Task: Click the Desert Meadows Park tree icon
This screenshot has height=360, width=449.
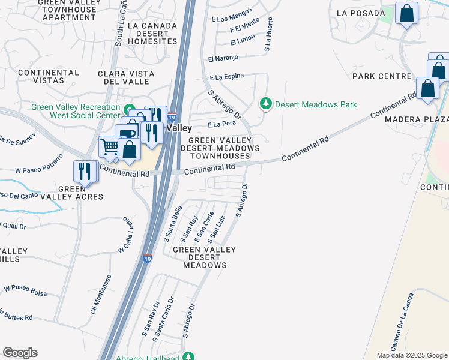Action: click(x=265, y=104)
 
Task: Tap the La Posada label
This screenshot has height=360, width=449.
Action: click(x=361, y=13)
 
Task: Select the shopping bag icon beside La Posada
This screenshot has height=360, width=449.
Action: click(x=406, y=13)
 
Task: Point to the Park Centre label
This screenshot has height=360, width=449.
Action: click(x=381, y=76)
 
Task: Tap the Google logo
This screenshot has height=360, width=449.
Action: click(x=20, y=353)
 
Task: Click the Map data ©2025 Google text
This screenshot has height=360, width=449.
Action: click(x=411, y=355)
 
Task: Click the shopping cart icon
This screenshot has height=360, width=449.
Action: click(x=110, y=146)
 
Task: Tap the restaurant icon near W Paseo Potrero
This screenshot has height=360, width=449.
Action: click(x=85, y=170)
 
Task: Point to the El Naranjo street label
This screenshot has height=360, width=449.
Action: click(x=223, y=58)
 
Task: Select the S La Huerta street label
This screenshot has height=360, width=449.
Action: click(x=270, y=33)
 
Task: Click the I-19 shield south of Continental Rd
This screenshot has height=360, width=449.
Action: click(x=147, y=259)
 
